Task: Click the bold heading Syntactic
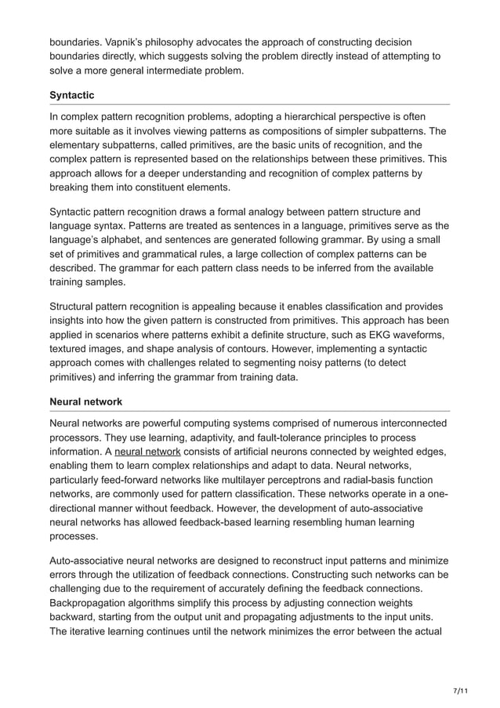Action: pos(72,95)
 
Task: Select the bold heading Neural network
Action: pos(85,401)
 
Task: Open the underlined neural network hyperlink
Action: pos(148,452)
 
